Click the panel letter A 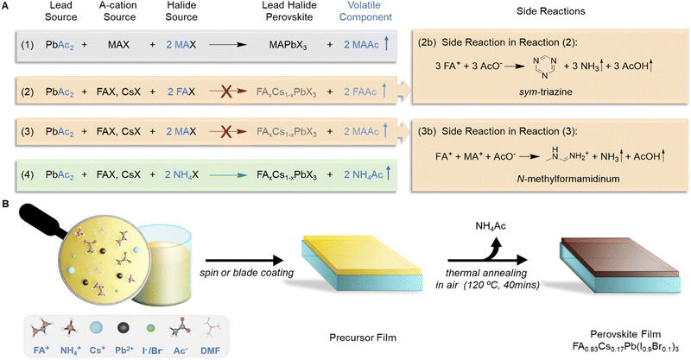pos(6,6)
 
